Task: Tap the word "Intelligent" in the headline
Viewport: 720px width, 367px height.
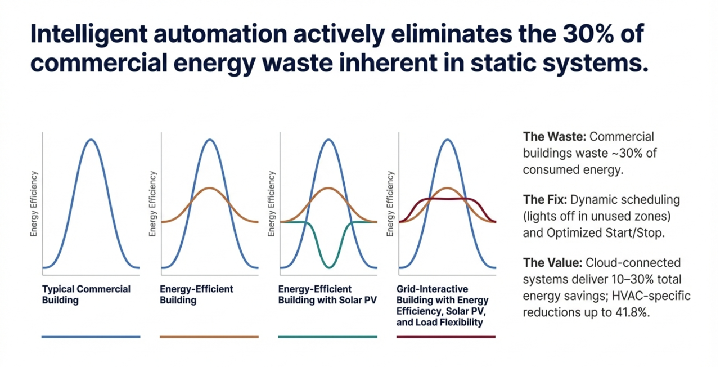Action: tap(82, 35)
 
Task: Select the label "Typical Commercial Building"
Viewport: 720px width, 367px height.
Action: tap(86, 294)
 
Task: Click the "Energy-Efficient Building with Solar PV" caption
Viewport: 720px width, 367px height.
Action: tap(327, 294)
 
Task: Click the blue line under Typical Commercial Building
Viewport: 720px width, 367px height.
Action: tap(91, 337)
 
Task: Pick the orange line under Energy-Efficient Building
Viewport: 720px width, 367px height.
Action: tap(209, 337)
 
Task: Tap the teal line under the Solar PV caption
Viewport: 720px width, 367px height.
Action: tap(327, 337)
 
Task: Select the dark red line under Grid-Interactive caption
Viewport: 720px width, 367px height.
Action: tap(446, 337)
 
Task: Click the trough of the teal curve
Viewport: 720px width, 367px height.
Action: tap(328, 266)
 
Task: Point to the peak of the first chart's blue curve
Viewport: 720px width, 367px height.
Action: tap(91, 139)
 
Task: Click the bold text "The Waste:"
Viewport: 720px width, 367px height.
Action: tap(554, 136)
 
